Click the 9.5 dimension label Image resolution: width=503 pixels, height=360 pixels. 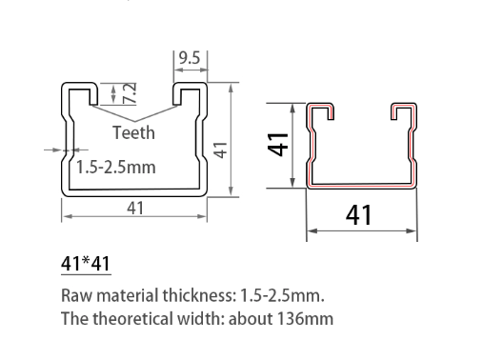click(189, 58)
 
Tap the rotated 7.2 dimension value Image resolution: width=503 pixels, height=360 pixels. click(131, 92)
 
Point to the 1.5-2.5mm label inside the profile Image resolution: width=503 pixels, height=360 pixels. click(116, 168)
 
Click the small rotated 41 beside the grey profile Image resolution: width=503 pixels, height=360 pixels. click(220, 150)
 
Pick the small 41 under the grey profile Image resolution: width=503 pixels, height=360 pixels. click(135, 208)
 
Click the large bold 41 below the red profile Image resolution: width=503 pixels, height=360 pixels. click(359, 216)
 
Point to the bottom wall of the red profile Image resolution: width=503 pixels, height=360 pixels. click(361, 182)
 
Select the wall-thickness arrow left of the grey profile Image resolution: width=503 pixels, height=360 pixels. click(53, 149)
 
